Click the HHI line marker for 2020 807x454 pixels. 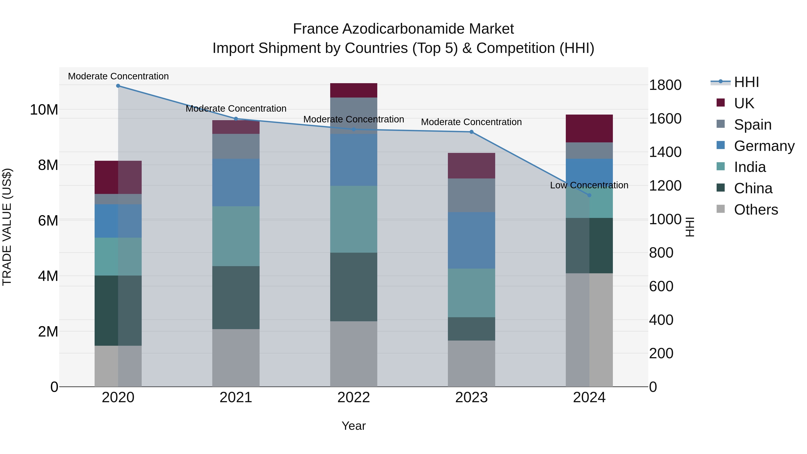pyautogui.click(x=118, y=86)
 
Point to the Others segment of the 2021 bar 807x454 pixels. pyautogui.click(x=236, y=358)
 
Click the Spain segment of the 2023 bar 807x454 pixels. pyautogui.click(x=471, y=195)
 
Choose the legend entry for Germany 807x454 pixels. pyautogui.click(x=764, y=146)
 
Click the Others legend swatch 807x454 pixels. pyautogui.click(x=720, y=209)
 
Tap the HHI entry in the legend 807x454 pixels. pyautogui.click(x=746, y=82)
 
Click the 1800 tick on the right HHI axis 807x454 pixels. pyautogui.click(x=665, y=85)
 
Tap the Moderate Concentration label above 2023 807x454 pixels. pyautogui.click(x=471, y=122)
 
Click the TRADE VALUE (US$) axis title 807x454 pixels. pyautogui.click(x=7, y=227)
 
